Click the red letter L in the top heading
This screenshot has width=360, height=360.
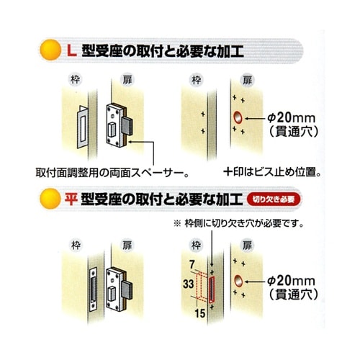click(x=71, y=51)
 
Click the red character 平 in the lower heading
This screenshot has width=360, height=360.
click(x=71, y=197)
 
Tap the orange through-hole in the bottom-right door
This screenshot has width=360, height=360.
click(x=237, y=277)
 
